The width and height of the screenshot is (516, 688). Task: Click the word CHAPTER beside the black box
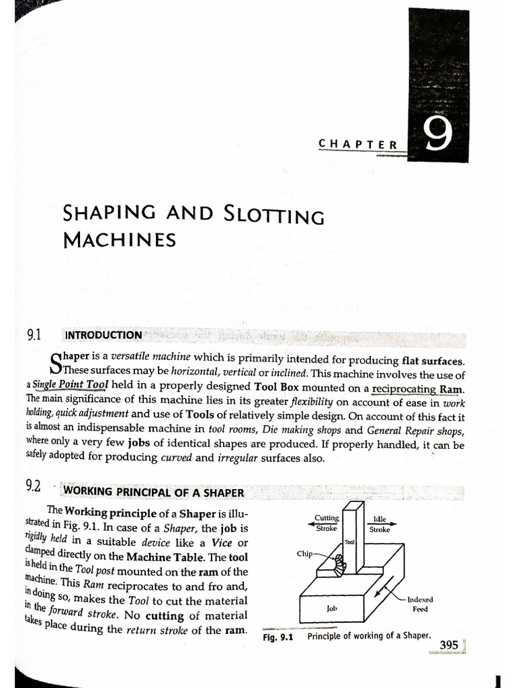click(x=357, y=143)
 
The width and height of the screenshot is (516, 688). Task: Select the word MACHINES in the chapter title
click(x=119, y=239)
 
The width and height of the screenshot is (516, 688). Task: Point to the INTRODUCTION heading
click(x=103, y=335)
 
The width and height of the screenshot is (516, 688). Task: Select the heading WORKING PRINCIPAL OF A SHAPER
click(x=153, y=492)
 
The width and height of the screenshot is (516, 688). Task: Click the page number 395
click(x=448, y=645)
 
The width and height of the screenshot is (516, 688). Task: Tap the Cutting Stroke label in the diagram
click(x=327, y=523)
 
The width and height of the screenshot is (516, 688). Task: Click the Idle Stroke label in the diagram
click(x=379, y=523)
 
